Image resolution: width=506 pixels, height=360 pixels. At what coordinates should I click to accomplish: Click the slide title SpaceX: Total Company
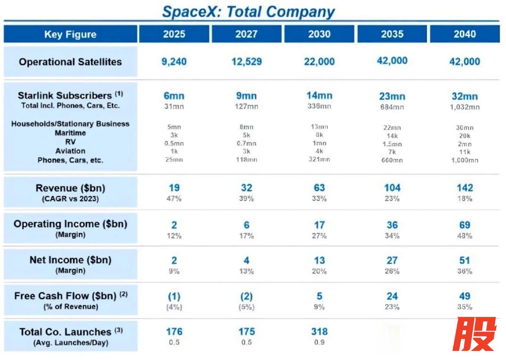pos(249,11)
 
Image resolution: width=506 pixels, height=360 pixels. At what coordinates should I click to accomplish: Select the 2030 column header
pos(319,34)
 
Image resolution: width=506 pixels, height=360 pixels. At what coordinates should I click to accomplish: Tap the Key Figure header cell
pos(70,34)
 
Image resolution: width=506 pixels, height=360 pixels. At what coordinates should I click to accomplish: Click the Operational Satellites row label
pos(70,62)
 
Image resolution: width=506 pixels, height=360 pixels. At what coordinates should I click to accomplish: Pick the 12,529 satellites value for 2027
pos(247,62)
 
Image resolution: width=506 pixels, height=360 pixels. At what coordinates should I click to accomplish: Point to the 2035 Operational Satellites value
pos(392,60)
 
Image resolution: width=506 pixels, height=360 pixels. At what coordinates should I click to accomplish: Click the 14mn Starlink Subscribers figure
pos(319,96)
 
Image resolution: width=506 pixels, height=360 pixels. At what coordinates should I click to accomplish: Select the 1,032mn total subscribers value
pos(465,107)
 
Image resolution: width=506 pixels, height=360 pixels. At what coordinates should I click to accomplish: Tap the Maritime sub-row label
pos(70,133)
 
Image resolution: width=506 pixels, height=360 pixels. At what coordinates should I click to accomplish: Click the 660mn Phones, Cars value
pos(392,160)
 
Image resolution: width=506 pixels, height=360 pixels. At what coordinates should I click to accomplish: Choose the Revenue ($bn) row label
pos(70,188)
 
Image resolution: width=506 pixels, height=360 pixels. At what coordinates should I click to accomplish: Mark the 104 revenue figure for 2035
pos(392,188)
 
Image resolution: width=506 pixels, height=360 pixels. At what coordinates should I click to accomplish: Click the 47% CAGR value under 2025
pos(174,199)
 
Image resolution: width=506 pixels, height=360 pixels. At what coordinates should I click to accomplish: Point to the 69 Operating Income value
pos(465,225)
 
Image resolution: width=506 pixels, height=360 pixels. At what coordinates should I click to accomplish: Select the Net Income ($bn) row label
pos(70,260)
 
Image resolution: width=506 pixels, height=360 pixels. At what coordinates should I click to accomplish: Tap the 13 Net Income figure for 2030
pos(319,260)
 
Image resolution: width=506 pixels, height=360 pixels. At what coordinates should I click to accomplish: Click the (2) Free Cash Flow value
pos(247,296)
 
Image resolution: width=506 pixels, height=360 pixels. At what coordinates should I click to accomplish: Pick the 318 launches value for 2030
pos(319,332)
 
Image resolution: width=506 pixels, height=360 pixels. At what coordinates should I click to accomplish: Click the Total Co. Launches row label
pos(70,332)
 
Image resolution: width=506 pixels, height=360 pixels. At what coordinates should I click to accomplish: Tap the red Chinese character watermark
pos(474,334)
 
